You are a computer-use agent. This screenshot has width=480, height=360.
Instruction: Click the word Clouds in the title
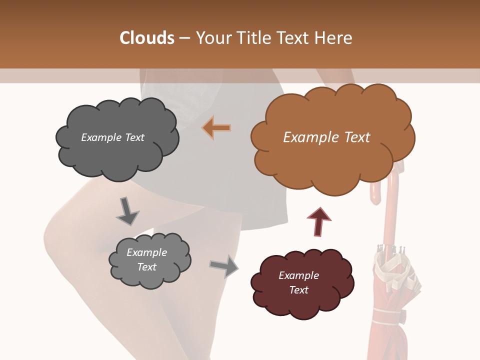point(146,38)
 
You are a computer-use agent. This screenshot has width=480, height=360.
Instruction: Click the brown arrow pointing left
point(216,127)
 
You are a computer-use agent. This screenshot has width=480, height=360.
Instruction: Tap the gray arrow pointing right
point(224,265)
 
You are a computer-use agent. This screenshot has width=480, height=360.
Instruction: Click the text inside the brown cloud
point(326,137)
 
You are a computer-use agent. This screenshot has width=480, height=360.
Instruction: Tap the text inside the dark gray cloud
point(112,137)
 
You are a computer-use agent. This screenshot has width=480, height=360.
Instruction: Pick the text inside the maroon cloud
point(298,282)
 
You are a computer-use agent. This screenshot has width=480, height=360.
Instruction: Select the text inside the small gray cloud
point(146,259)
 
